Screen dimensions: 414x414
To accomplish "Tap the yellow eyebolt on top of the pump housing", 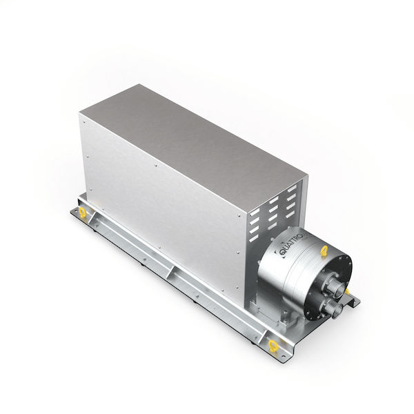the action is click(324, 250).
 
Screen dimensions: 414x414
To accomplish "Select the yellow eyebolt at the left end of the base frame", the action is click(83, 213).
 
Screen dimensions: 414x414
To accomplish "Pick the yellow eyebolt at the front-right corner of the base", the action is click(273, 346).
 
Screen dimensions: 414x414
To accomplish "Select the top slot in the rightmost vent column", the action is click(291, 189).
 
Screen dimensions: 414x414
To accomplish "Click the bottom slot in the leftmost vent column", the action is click(253, 239).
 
